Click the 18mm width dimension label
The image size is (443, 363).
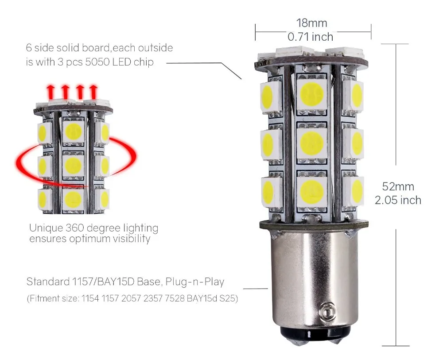pyautogui.click(x=312, y=23)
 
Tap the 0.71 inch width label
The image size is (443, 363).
pyautogui.click(x=311, y=37)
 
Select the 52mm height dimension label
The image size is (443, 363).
pyautogui.click(x=398, y=186)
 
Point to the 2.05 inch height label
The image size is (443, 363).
pyautogui.click(x=398, y=200)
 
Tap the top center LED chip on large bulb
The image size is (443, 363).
pyautogui.click(x=312, y=93)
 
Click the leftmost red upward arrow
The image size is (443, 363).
pyautogui.click(x=51, y=92)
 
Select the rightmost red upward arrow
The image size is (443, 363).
pyautogui.click(x=93, y=92)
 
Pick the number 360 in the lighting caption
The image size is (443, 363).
pyautogui.click(x=77, y=228)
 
